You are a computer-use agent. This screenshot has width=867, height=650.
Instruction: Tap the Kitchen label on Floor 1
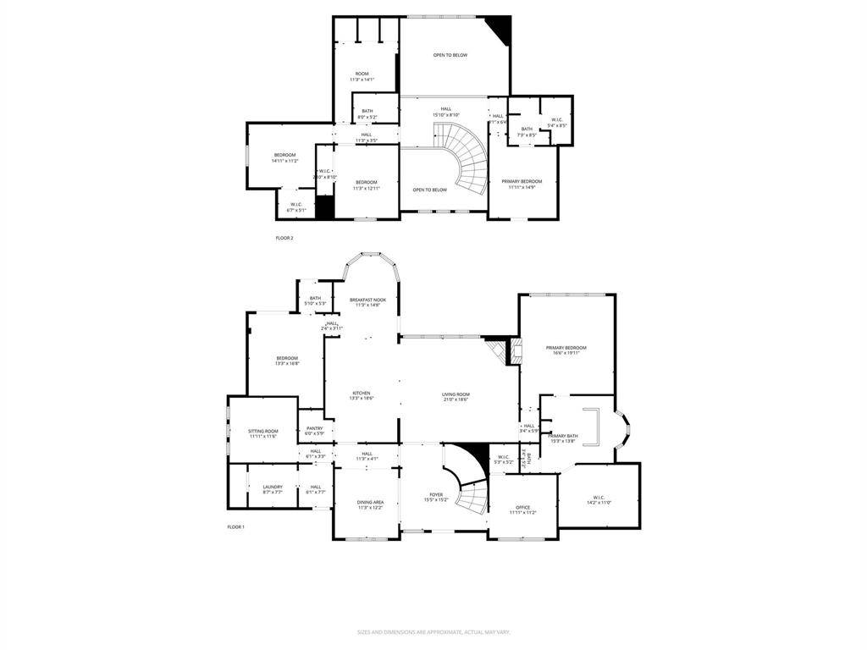tap(362, 395)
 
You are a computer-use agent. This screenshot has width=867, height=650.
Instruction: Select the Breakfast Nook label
tap(367, 301)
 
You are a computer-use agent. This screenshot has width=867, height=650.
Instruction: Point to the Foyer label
tap(436, 497)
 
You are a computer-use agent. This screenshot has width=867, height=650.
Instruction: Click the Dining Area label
tap(370, 504)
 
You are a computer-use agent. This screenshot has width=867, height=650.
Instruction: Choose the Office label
tap(522, 510)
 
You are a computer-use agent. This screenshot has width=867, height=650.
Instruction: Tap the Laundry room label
tap(273, 488)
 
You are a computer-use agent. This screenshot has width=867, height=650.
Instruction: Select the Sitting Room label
tap(263, 433)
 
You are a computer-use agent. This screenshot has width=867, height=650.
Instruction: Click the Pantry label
tap(314, 431)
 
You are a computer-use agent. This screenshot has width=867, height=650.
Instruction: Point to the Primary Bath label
tap(562, 438)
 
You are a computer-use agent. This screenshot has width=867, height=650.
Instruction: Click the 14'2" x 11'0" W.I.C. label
tap(599, 499)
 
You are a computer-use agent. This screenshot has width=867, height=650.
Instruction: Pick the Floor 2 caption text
tap(284, 238)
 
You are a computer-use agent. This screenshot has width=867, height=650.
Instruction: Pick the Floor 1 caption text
tap(235, 527)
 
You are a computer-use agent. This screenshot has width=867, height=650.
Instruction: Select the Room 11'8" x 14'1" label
tap(362, 77)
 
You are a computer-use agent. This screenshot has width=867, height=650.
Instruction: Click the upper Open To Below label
tap(450, 55)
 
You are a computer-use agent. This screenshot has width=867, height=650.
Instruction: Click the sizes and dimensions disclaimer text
tap(433, 632)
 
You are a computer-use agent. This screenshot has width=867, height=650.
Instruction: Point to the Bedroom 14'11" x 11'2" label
tap(284, 157)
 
